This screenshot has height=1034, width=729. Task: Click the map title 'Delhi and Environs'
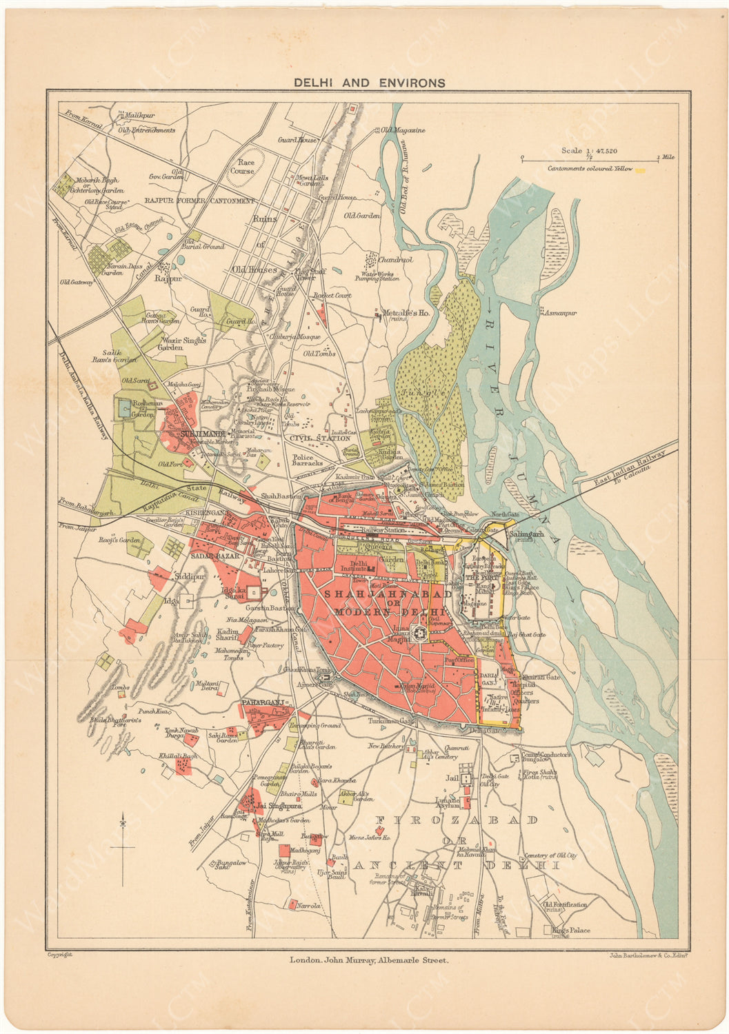(x=370, y=83)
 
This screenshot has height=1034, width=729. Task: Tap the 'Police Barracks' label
(x=307, y=461)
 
